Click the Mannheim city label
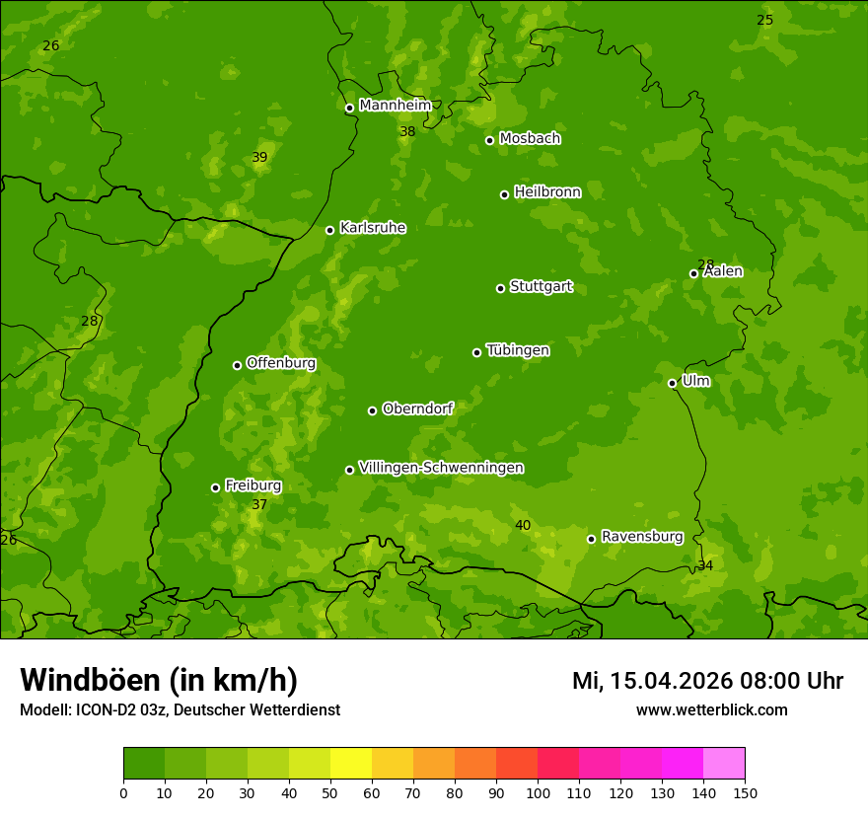point(395,105)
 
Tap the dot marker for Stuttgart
point(500,288)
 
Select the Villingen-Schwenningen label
point(441,468)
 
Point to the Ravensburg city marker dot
point(591,539)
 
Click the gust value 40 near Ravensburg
point(523,525)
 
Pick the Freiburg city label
point(253,485)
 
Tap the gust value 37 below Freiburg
point(259,504)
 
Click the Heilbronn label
point(547,192)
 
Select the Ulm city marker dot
point(672,383)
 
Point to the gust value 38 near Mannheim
point(407,131)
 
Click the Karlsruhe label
point(372,228)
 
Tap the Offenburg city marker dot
point(237,365)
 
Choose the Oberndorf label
point(417,409)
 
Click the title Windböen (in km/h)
point(159,680)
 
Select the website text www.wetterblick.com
point(711,709)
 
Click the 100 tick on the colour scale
point(538,792)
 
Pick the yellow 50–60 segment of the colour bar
point(351,764)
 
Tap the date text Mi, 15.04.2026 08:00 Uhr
point(707,681)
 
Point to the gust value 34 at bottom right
point(705,565)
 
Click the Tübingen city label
point(517,350)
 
